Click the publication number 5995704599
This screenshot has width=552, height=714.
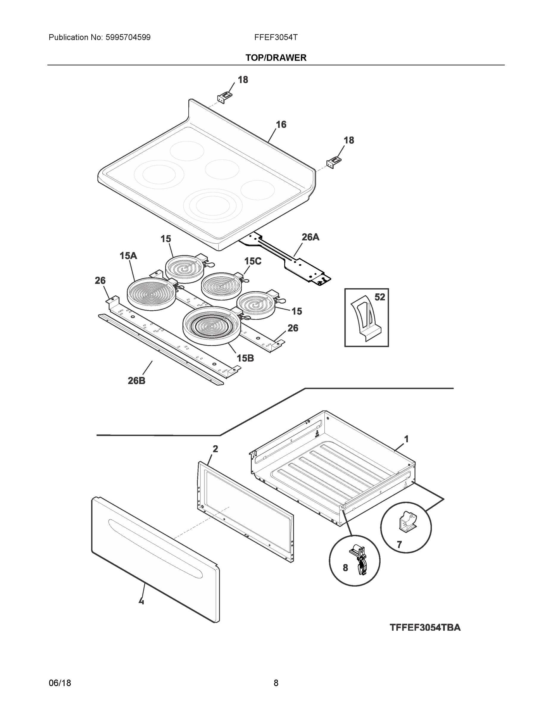pyautogui.click(x=128, y=37)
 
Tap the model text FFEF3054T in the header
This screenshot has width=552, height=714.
pyautogui.click(x=276, y=37)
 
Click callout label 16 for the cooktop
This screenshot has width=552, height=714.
pyautogui.click(x=281, y=125)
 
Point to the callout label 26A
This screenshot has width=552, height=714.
pyautogui.click(x=310, y=237)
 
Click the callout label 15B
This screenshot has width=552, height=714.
pyautogui.click(x=245, y=358)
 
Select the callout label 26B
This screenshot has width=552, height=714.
pyautogui.click(x=136, y=381)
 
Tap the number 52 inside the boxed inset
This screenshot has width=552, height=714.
pyautogui.click(x=379, y=297)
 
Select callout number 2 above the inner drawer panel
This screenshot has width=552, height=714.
pyautogui.click(x=215, y=449)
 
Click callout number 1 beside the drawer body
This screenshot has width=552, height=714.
pyautogui.click(x=406, y=439)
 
